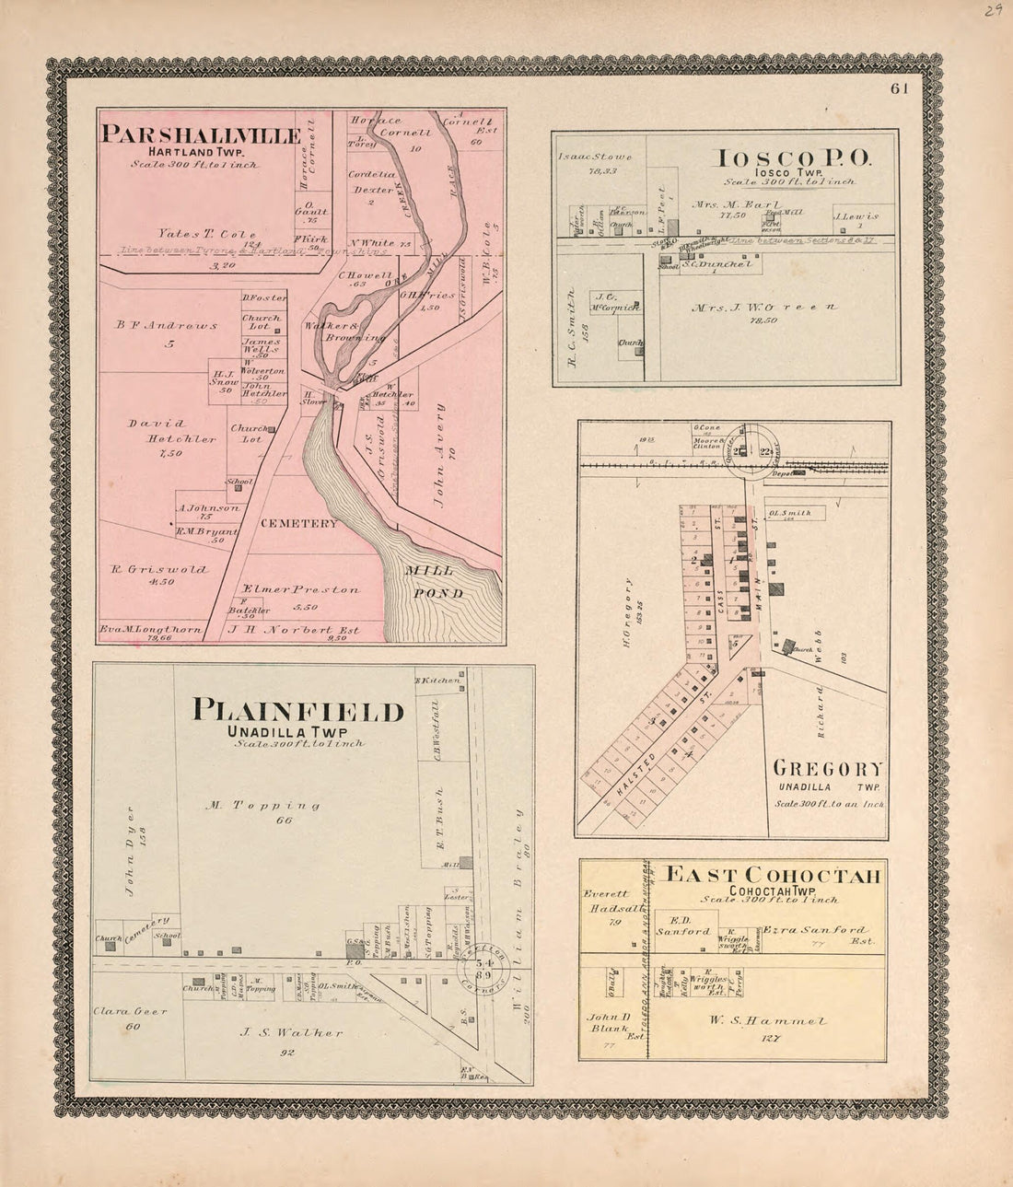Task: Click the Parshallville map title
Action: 201,135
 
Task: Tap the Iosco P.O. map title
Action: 791,157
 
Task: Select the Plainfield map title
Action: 297,711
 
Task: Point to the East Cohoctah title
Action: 773,876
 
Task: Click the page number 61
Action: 899,88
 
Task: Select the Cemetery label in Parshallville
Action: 299,523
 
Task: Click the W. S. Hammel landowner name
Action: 781,1020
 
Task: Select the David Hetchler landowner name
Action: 172,431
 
